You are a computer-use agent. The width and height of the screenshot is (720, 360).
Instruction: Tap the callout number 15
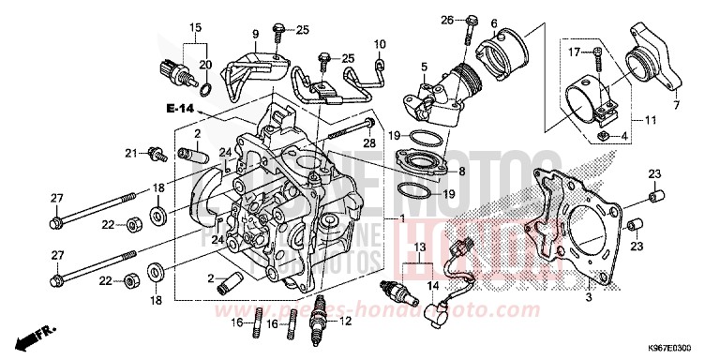[195, 26]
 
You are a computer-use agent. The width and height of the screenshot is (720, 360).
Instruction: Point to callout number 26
[448, 19]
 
